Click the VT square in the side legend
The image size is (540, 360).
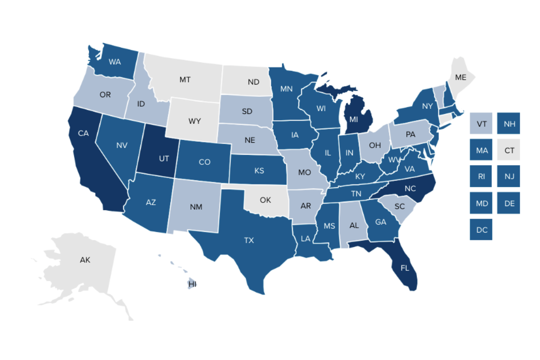click(481, 123)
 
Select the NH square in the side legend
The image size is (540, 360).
click(509, 123)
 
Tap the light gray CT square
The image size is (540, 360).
click(509, 150)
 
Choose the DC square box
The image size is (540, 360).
click(481, 229)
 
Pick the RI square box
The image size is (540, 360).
click(481, 176)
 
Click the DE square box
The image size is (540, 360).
click(509, 203)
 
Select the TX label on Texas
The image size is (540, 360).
click(249, 240)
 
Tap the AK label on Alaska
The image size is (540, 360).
click(85, 260)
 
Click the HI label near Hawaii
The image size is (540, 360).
click(192, 284)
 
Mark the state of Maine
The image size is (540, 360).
click(460, 77)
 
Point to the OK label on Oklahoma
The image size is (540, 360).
click(265, 199)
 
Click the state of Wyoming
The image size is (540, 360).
click(194, 121)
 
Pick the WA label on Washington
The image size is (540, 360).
click(115, 62)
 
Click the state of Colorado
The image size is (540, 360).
click(204, 162)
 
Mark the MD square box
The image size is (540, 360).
click(481, 203)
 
